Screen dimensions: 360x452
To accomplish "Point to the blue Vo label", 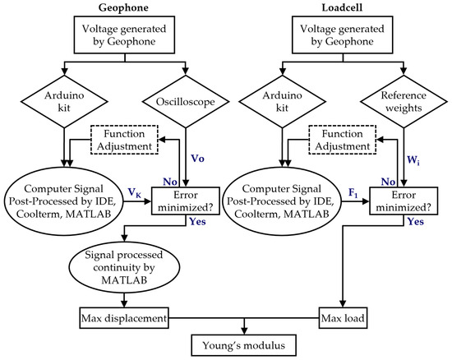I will (196, 156).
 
